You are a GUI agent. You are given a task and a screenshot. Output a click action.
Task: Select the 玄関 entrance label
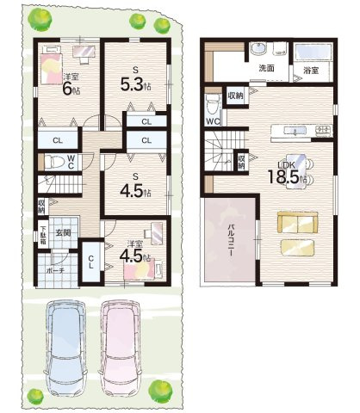(65, 231)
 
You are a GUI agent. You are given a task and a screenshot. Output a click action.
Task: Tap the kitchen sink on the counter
(297, 132)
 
